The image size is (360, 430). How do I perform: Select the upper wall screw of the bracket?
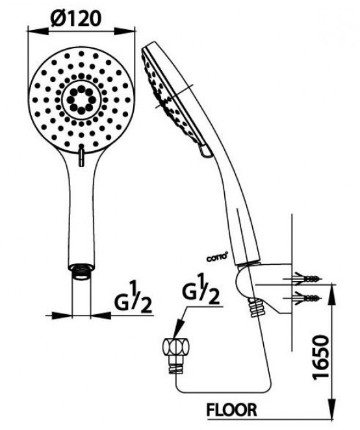(309, 278)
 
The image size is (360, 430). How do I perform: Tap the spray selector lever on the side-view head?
(204, 151)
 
